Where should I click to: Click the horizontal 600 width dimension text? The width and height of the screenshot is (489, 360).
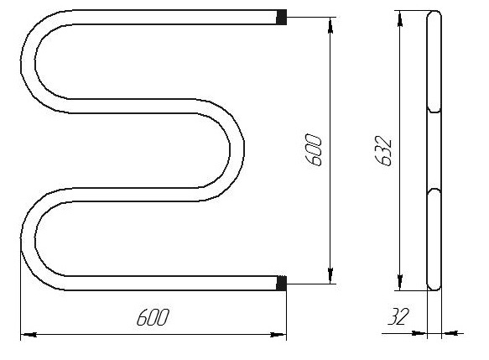pyautogui.click(x=153, y=317)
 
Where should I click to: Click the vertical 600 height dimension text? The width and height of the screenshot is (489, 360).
pyautogui.click(x=313, y=150)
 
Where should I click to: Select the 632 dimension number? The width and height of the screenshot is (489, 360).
pyautogui.click(x=383, y=151)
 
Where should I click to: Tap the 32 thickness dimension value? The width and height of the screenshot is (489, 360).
pyautogui.click(x=398, y=316)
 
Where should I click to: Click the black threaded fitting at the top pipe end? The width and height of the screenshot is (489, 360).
pyautogui.click(x=281, y=17)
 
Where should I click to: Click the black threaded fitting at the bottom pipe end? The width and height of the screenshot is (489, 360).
pyautogui.click(x=281, y=284)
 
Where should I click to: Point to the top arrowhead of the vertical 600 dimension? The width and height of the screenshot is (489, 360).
pyautogui.click(x=330, y=25)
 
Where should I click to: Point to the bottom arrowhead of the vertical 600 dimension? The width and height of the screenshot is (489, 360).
pyautogui.click(x=330, y=275)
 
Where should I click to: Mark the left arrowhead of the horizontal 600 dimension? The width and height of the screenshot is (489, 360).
pyautogui.click(x=29, y=335)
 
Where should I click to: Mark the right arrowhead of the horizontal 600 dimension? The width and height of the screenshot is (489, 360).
pyautogui.click(x=278, y=335)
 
